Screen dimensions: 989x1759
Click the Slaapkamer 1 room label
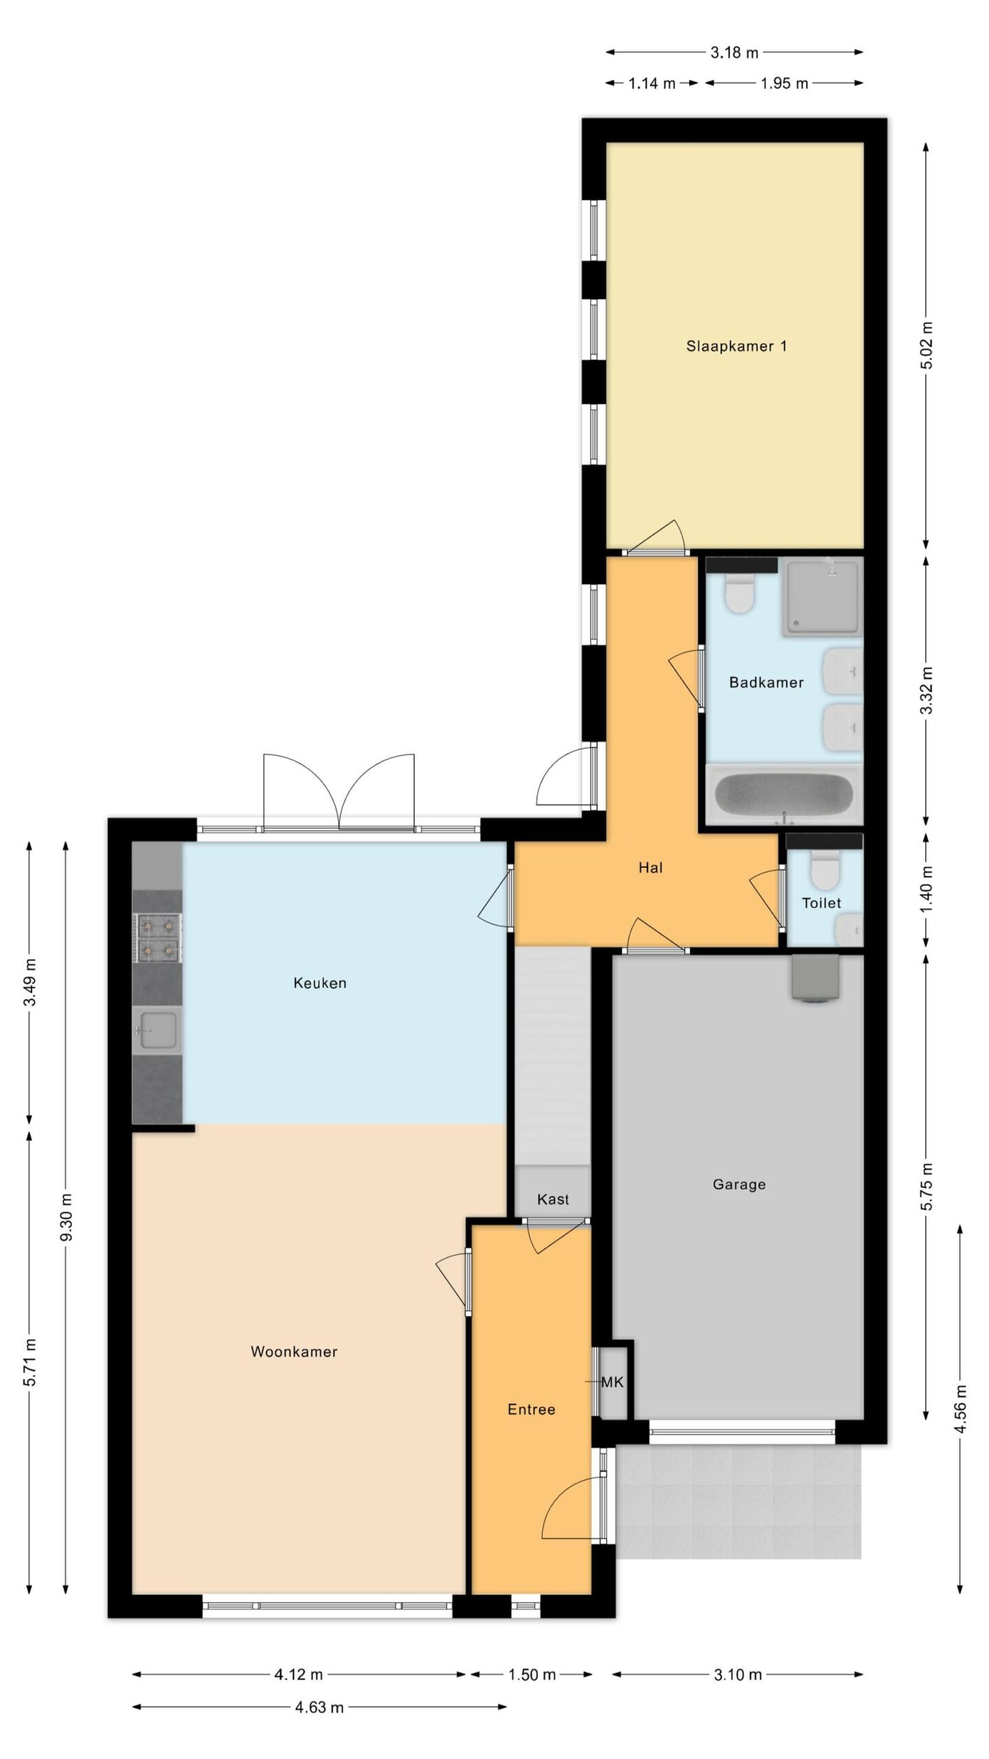(x=736, y=346)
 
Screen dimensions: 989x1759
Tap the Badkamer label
(x=766, y=682)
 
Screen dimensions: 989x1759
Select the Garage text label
(x=739, y=1184)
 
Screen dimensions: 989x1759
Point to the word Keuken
(x=320, y=983)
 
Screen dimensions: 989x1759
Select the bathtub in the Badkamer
(x=784, y=795)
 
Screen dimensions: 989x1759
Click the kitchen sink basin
(x=159, y=1030)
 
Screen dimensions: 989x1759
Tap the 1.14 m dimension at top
(x=652, y=83)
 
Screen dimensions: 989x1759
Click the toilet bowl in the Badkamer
(x=739, y=594)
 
